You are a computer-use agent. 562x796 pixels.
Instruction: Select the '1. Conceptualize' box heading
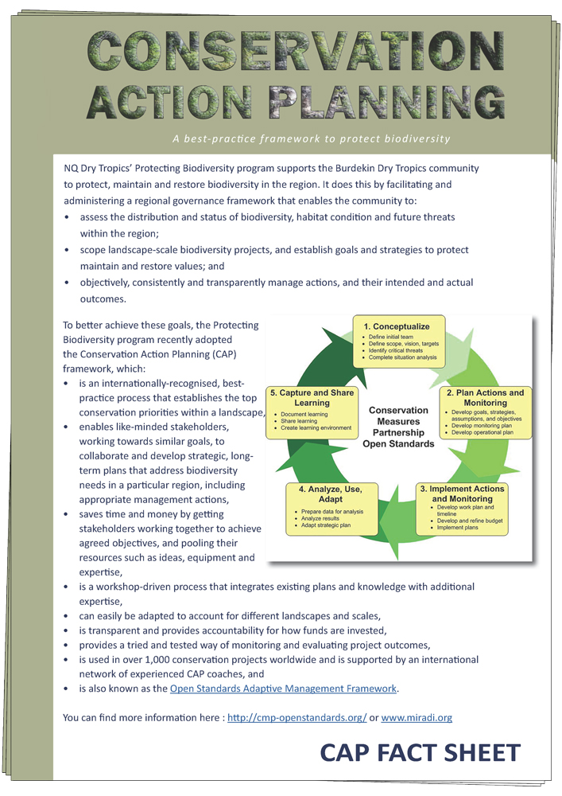pos(397,326)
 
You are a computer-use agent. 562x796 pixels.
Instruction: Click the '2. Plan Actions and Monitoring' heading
pos(485,397)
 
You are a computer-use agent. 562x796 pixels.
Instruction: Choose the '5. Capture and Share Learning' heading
pos(312,397)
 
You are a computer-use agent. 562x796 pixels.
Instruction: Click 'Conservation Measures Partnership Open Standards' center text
pos(398,427)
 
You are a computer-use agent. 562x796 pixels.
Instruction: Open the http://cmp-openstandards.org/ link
pos(297,717)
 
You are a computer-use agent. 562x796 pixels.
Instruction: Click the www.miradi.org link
pos(417,717)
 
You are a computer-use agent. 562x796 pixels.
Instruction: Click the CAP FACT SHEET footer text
pos(420,751)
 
